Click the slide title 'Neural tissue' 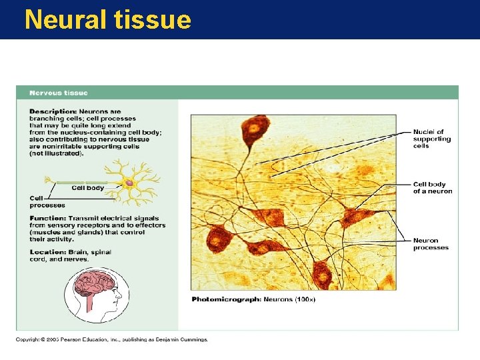[107, 19]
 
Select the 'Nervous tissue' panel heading [58, 93]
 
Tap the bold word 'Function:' [47, 218]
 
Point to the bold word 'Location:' [47, 252]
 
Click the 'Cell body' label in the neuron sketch [87, 189]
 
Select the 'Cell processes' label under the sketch [47, 201]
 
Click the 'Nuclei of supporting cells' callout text [431, 139]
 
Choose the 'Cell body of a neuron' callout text [432, 188]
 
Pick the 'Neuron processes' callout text [431, 244]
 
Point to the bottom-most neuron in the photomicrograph [323, 274]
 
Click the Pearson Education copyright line [112, 339]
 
